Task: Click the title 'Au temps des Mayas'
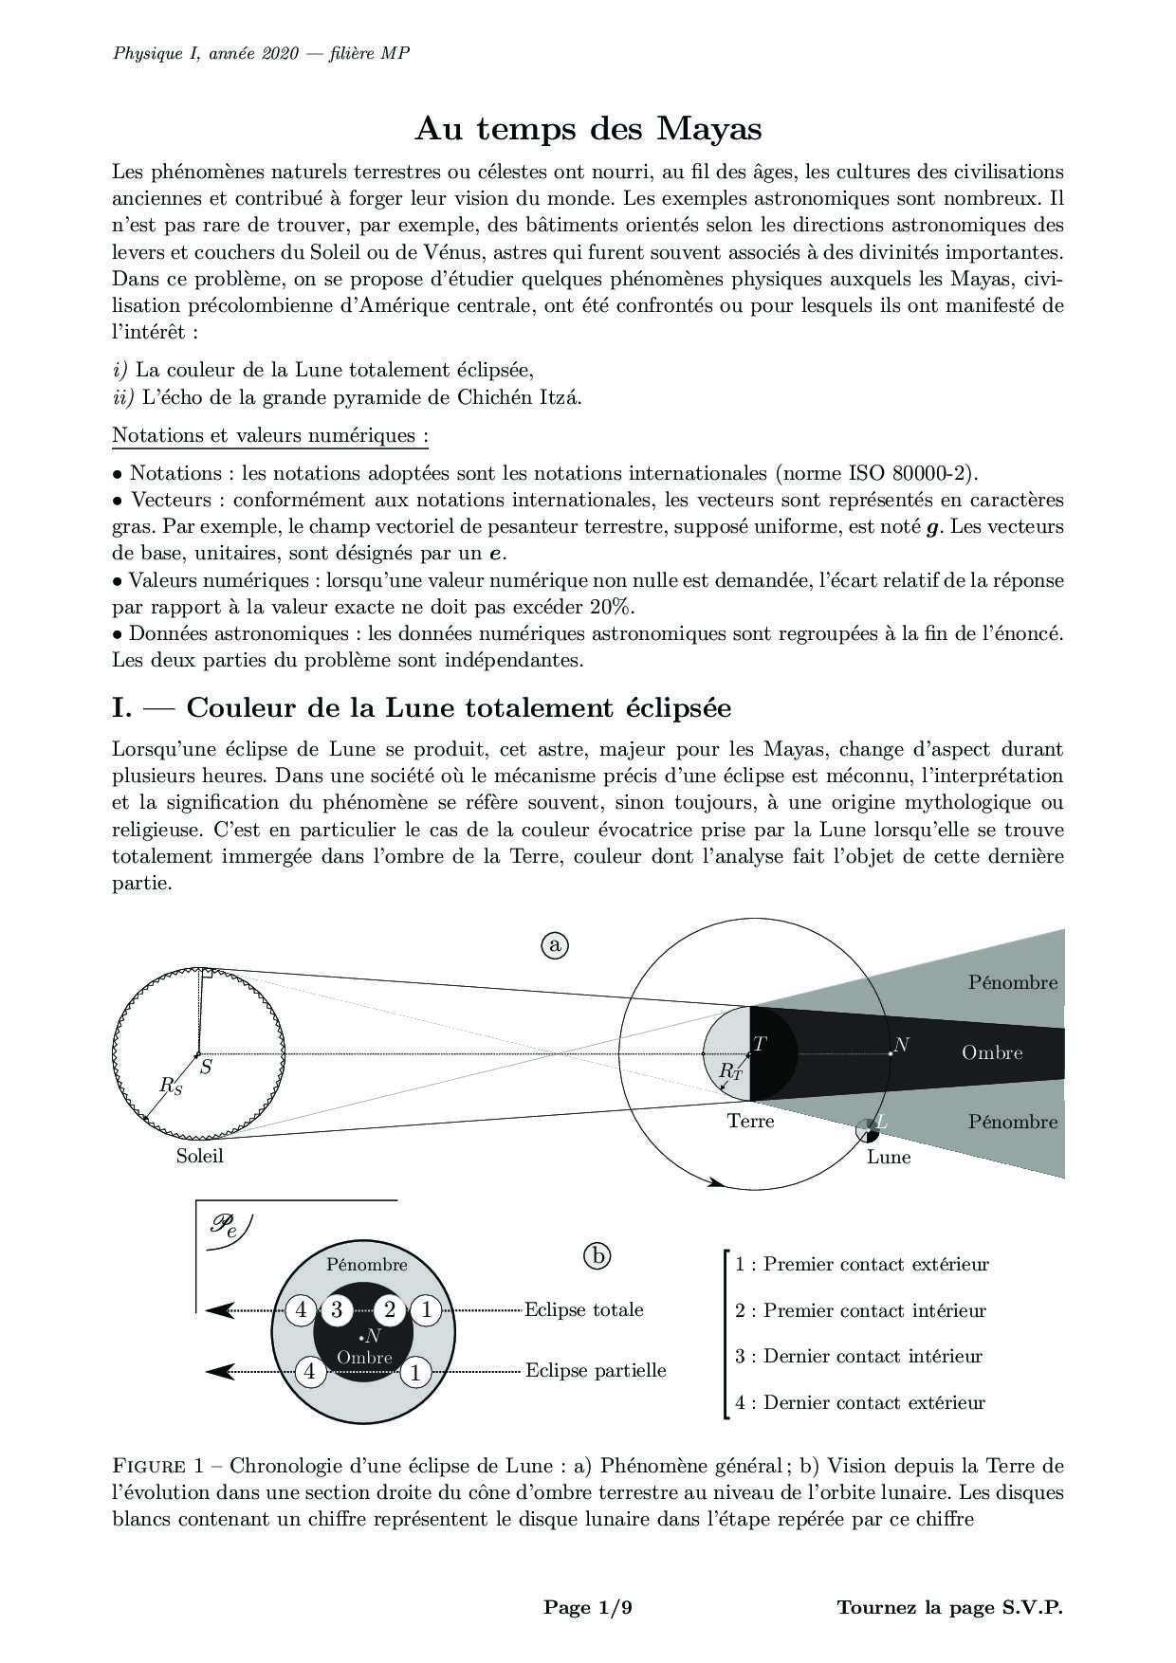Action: (x=588, y=128)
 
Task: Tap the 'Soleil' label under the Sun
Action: (x=199, y=1156)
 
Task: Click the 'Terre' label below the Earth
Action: (x=750, y=1121)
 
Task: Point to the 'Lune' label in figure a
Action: (x=889, y=1157)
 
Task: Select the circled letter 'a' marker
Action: (x=555, y=945)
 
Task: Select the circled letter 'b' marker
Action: (x=597, y=1256)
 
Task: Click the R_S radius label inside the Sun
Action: (x=171, y=1086)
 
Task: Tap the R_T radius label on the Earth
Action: (x=729, y=1070)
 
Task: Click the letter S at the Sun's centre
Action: (x=206, y=1067)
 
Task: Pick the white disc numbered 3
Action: (x=336, y=1310)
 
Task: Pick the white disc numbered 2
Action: (x=390, y=1310)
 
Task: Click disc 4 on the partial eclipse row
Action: (x=309, y=1371)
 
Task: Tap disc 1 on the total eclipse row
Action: (x=427, y=1310)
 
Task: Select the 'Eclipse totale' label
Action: (x=584, y=1309)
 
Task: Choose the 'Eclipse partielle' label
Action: (x=596, y=1370)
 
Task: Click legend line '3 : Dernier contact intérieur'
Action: (x=858, y=1356)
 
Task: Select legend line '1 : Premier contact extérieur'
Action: (x=861, y=1264)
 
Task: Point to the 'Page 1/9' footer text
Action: (x=587, y=1607)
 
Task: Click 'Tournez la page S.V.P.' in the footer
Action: (x=949, y=1607)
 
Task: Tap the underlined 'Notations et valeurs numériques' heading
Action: (x=270, y=435)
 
